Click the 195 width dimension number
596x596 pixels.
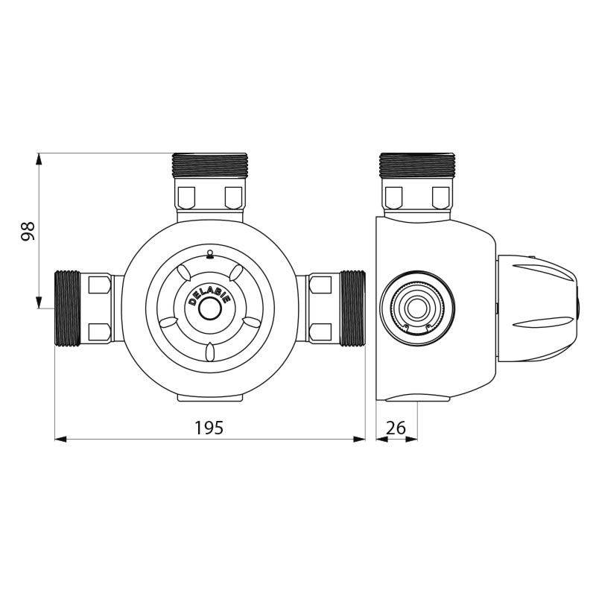click(x=209, y=428)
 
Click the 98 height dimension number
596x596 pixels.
click(x=28, y=231)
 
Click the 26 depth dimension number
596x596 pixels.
click(x=396, y=428)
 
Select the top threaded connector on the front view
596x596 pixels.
click(x=209, y=164)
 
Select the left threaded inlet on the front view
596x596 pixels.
click(x=68, y=308)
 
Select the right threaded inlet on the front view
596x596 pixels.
click(x=352, y=308)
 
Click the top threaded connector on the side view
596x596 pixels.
click(x=416, y=164)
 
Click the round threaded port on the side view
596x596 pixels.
click(x=416, y=307)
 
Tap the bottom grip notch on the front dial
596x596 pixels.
click(x=210, y=349)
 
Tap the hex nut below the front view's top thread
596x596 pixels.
click(x=209, y=197)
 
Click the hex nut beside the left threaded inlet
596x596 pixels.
click(x=99, y=308)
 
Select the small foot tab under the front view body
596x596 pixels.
click(x=209, y=399)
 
